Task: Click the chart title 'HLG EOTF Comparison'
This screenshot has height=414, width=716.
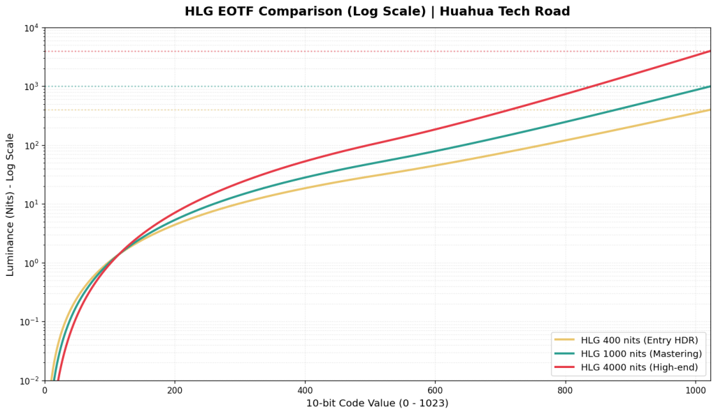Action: (304, 12)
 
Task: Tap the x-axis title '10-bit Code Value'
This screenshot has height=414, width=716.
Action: (377, 403)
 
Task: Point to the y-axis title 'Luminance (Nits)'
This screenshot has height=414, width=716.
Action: (10, 205)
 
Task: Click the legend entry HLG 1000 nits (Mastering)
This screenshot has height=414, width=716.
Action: (641, 354)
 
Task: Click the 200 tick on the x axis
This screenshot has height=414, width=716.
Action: (175, 390)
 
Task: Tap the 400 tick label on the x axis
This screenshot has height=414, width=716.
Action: (305, 390)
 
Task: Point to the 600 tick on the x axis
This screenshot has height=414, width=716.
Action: (435, 390)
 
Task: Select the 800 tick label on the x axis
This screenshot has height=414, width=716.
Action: (565, 390)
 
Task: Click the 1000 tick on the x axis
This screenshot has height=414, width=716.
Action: (695, 390)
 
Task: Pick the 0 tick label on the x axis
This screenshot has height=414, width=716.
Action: (45, 390)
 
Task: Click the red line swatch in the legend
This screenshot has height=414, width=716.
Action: (565, 367)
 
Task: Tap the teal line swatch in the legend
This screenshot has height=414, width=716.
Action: (565, 354)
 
